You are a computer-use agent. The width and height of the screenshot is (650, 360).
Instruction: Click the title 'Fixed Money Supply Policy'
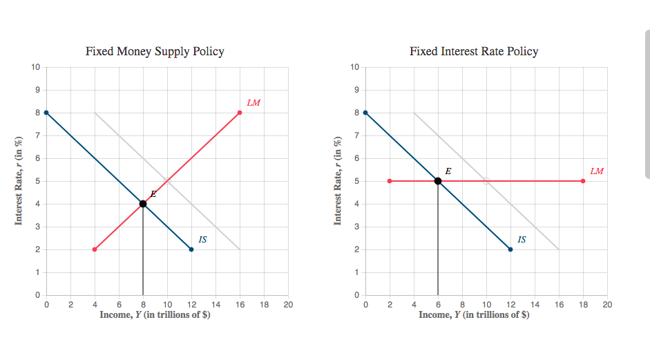155,51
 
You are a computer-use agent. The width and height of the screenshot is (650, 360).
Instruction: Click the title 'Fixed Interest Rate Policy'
474,51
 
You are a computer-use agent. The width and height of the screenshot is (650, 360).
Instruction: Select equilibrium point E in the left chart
143,204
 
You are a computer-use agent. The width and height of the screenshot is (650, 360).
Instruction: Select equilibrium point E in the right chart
438,181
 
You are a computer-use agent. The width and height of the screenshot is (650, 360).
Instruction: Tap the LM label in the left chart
254,102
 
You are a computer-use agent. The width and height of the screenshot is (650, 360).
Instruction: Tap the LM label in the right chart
597,171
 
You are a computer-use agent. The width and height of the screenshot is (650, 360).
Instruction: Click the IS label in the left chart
202,239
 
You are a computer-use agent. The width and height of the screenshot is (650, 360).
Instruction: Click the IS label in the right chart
522,239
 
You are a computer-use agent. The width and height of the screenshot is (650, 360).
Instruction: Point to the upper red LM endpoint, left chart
240,113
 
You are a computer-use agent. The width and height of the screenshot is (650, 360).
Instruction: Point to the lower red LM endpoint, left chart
95,249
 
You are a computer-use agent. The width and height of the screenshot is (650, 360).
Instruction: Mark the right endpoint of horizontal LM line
583,181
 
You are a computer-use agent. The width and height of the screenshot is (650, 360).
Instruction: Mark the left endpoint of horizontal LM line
390,181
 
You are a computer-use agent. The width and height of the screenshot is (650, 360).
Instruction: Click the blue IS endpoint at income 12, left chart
191,249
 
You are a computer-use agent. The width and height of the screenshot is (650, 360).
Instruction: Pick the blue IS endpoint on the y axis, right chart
365,113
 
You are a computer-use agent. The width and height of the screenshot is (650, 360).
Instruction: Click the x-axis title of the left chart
155,315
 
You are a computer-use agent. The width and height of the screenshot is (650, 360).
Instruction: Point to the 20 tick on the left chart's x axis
288,304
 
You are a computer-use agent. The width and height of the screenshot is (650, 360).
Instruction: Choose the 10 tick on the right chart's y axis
355,67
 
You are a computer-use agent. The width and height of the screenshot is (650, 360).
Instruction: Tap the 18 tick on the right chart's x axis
583,304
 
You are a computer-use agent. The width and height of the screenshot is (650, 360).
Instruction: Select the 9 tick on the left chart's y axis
37,90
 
